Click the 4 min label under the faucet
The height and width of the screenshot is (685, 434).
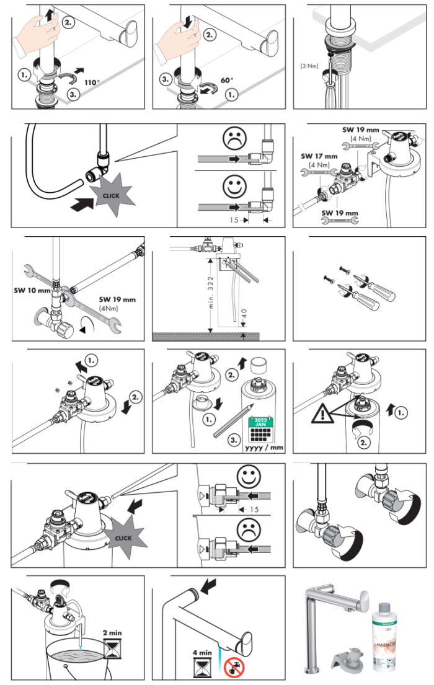(x=205, y=653)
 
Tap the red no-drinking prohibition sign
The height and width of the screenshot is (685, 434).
(x=234, y=668)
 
